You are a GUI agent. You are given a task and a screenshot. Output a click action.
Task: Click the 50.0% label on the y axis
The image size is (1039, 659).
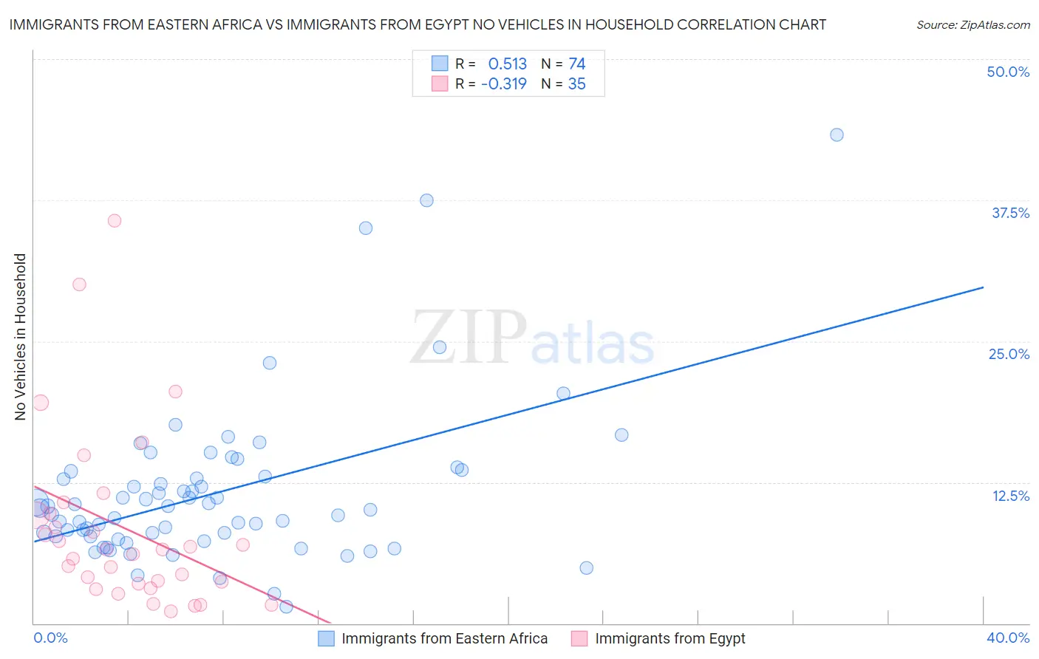[1007, 72]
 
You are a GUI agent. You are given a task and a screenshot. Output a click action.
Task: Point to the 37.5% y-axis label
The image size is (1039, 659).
[1009, 213]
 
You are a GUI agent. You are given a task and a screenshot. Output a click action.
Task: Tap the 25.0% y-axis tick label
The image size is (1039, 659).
[1008, 354]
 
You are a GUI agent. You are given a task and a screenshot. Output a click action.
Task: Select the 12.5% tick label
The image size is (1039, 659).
[1009, 496]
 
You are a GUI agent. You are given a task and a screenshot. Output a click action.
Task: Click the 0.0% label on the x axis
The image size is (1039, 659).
[50, 638]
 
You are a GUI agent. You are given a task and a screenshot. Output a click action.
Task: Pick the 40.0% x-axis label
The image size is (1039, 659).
[1007, 638]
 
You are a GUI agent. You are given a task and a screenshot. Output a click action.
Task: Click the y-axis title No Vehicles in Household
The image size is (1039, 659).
[21, 337]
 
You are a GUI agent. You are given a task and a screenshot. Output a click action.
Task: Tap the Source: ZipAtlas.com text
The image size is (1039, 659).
[972, 25]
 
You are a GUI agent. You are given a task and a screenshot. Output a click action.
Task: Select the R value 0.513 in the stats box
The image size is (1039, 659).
[507, 64]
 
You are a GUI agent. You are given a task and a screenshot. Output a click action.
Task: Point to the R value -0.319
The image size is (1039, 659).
[503, 84]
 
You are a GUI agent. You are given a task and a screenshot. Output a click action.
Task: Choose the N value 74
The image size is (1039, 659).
[576, 64]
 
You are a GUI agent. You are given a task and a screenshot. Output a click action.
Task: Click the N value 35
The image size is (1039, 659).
[576, 84]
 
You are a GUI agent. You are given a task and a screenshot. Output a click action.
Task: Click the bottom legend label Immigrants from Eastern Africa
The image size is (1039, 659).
[444, 638]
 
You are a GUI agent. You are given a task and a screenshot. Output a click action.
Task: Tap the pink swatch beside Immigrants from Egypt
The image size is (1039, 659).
[579, 638]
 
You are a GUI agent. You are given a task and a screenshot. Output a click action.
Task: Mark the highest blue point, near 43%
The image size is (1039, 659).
[837, 134]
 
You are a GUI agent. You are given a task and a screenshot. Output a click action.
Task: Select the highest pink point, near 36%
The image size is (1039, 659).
[115, 220]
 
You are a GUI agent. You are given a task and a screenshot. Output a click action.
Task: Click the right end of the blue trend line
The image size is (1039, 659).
[983, 287]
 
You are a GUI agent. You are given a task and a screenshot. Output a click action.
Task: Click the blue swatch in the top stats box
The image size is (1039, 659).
[440, 64]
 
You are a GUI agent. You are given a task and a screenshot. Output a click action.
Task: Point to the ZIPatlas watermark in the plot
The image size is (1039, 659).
[532, 338]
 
